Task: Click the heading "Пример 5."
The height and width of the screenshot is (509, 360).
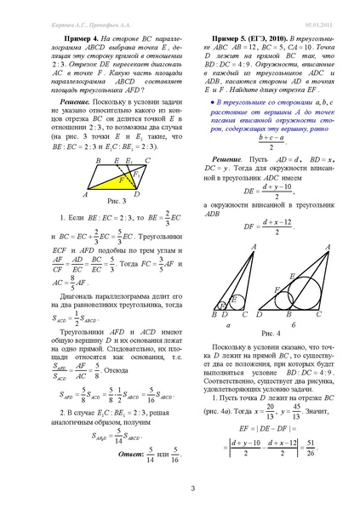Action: (220, 39)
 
